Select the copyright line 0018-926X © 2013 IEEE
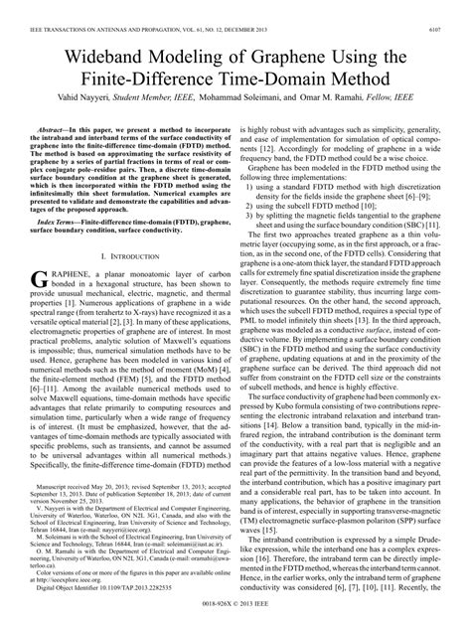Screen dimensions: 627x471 pos(235,607)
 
